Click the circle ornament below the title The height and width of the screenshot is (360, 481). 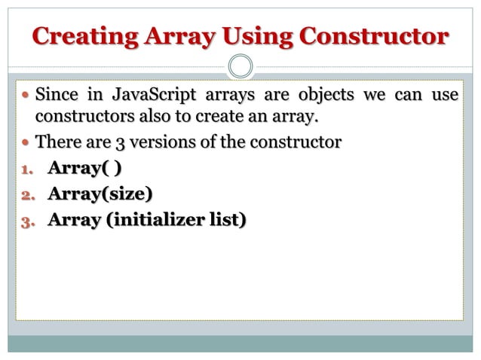[x=240, y=66]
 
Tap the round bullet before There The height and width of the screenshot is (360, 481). [x=26, y=142]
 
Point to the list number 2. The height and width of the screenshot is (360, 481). [x=24, y=195]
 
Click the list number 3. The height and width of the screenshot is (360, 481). [x=24, y=221]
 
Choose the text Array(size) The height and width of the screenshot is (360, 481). [x=100, y=194]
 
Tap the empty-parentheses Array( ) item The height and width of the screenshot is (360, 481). [x=84, y=167]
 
